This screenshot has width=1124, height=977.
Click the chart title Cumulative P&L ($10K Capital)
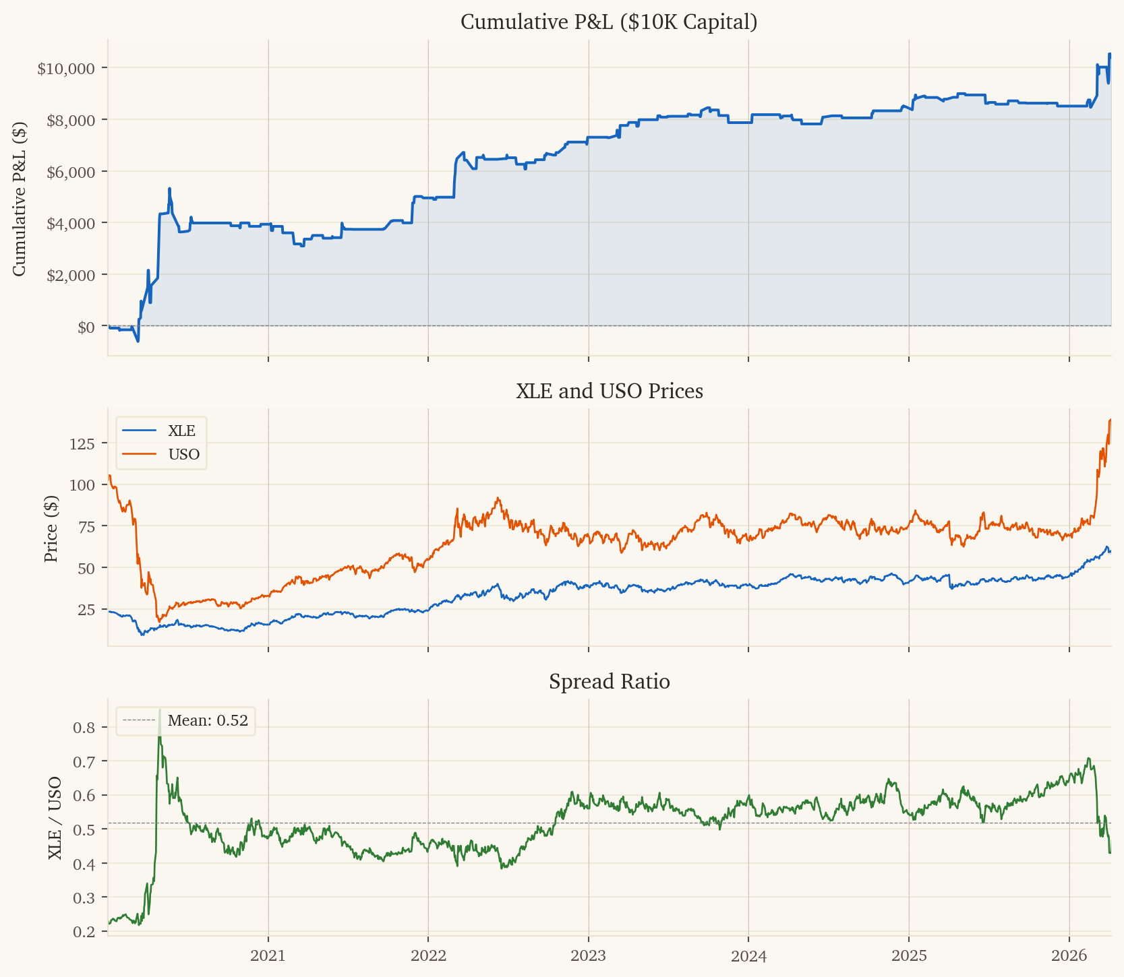[609, 22]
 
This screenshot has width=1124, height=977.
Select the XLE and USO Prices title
[609, 391]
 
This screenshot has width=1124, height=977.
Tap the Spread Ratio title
[609, 682]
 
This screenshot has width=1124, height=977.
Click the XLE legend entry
[181, 431]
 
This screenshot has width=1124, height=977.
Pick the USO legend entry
[183, 454]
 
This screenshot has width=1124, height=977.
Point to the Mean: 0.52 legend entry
[208, 721]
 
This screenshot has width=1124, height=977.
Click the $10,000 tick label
[66, 68]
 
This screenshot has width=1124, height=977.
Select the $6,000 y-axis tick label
[69, 171]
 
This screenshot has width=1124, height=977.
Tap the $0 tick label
[86, 327]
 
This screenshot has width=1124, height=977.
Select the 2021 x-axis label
[268, 955]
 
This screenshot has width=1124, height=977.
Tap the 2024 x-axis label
[748, 955]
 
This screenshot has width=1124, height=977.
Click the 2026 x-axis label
[1069, 955]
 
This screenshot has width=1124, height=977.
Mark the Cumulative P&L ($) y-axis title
[20, 199]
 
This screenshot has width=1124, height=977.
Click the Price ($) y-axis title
[51, 528]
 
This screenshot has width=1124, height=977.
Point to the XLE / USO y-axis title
[55, 817]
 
